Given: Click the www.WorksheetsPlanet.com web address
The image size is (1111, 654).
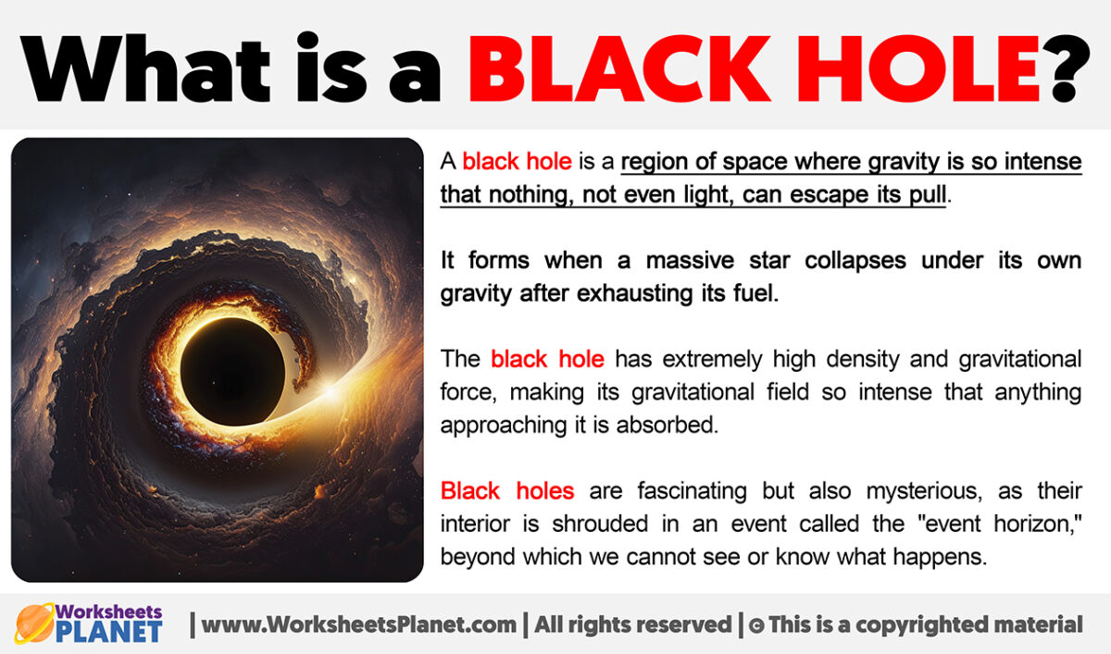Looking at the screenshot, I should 359,624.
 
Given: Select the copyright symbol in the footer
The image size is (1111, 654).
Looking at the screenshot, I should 755,625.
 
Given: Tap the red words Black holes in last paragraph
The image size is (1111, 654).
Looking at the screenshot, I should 506,490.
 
